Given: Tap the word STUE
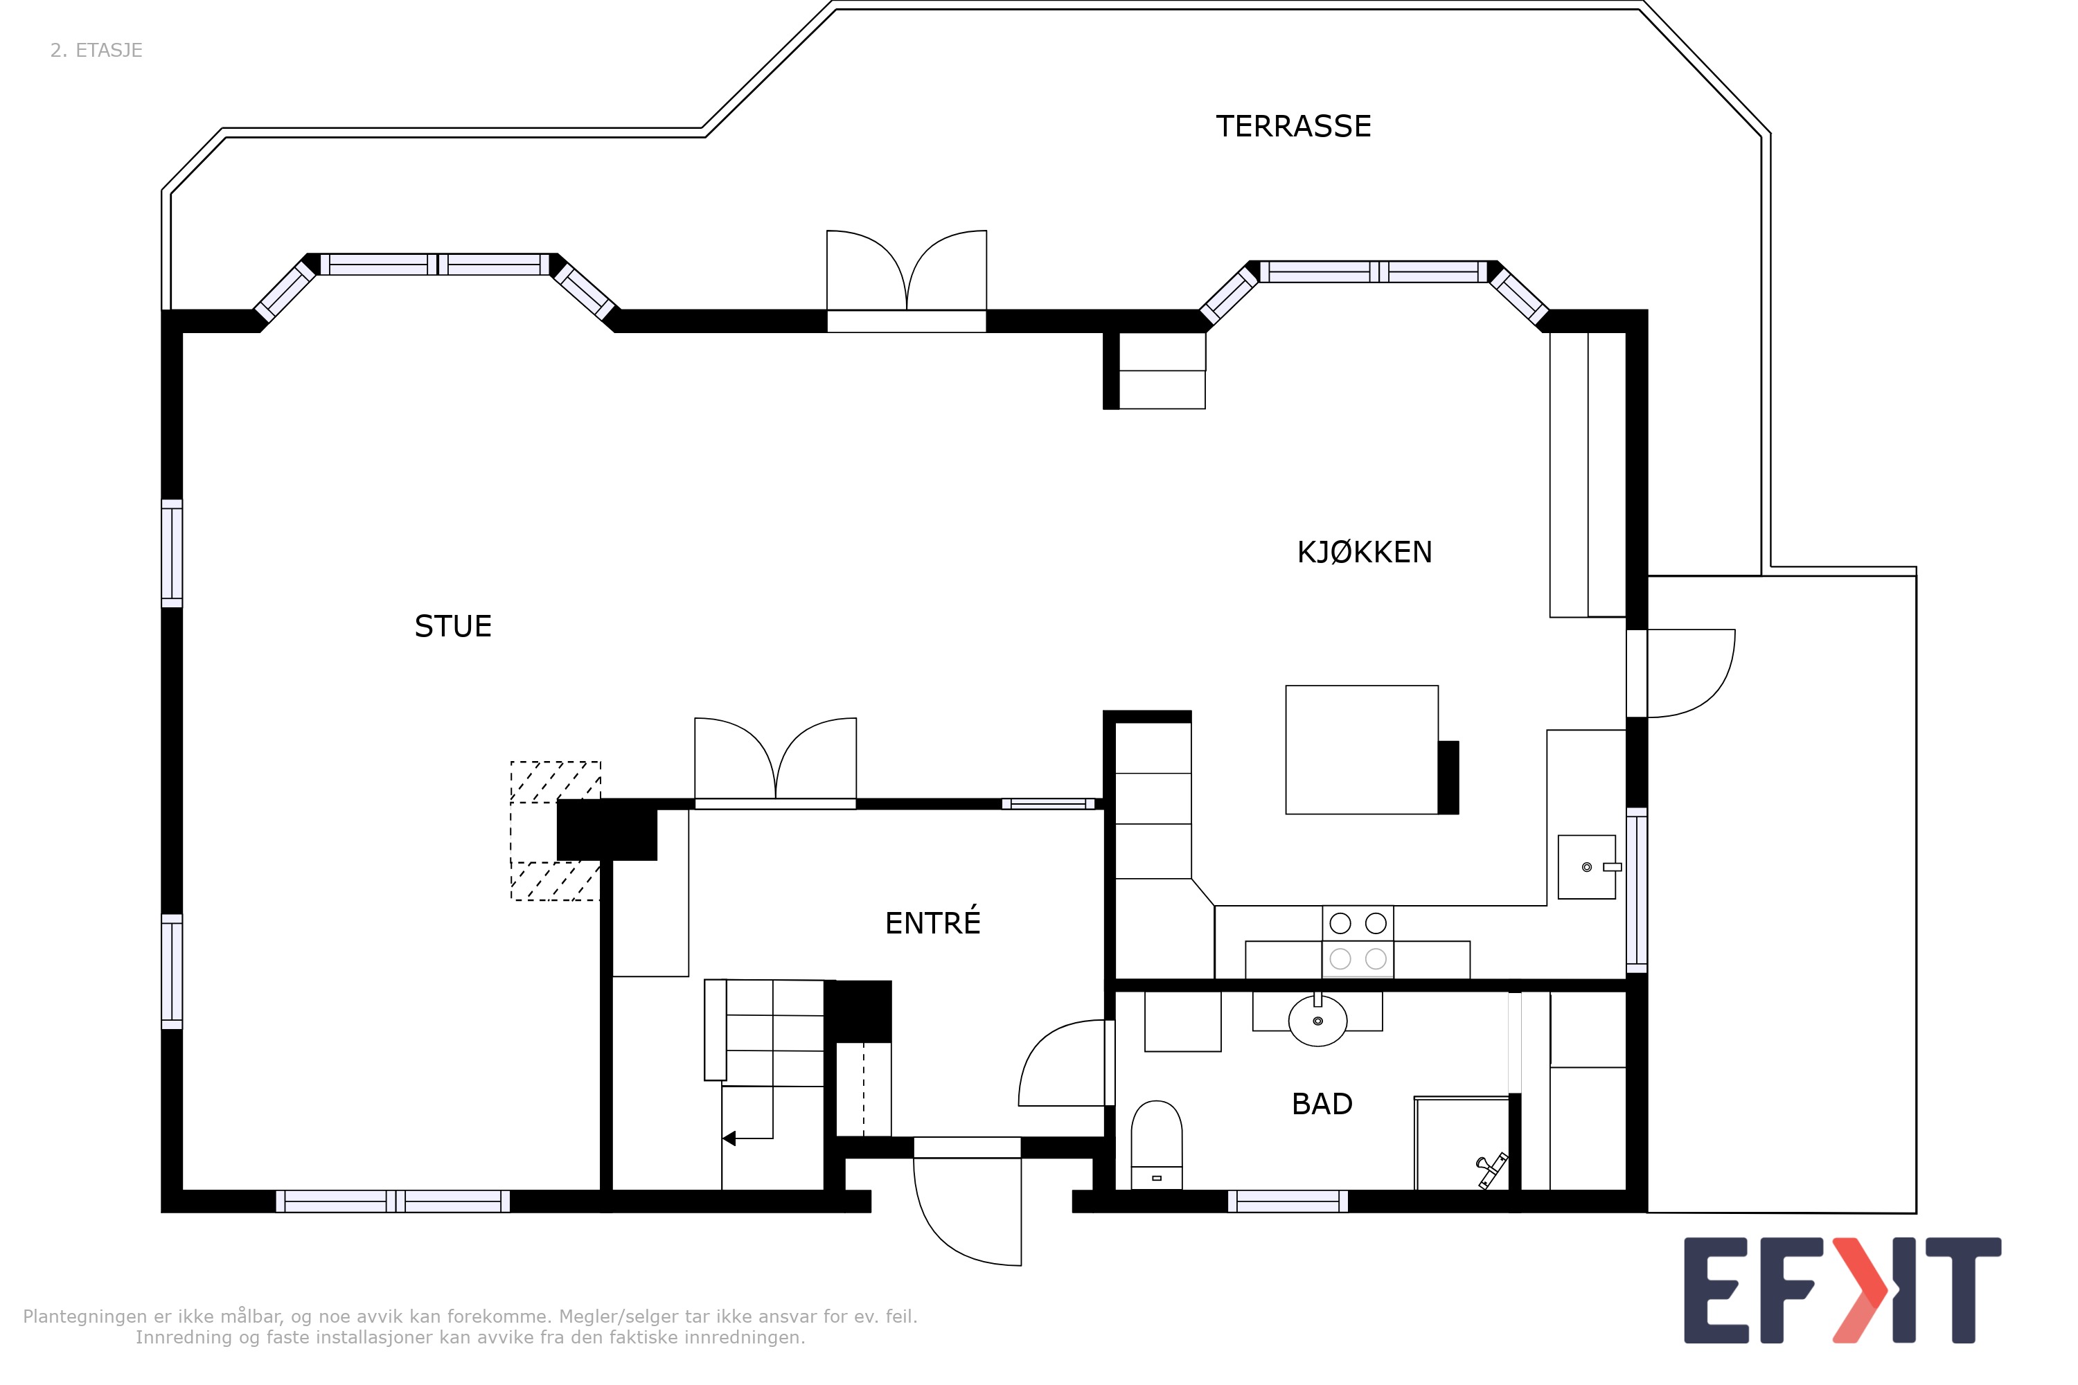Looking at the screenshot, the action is [452, 626].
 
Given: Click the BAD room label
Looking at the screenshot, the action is [1322, 1104].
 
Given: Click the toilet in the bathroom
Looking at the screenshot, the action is [1157, 1145].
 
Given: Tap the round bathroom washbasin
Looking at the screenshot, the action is [1317, 1021].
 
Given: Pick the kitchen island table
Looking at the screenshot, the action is [1362, 749].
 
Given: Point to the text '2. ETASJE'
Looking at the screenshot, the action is [96, 51].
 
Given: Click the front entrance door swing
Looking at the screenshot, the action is [968, 1212].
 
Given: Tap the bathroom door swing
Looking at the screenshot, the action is [1062, 1064].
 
